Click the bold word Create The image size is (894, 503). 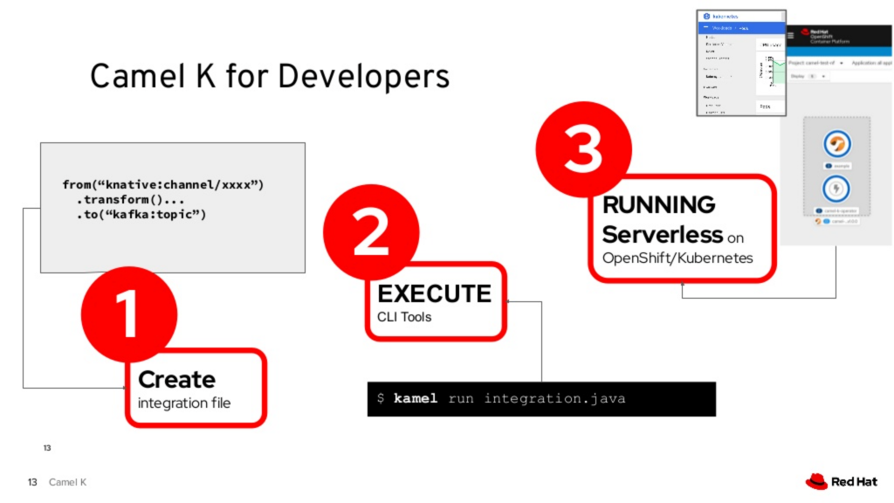point(176,380)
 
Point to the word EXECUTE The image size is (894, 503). point(434,293)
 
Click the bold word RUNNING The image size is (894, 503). point(658,205)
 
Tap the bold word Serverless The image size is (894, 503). point(663,234)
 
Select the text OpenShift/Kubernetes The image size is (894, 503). point(677,258)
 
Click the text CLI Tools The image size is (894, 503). point(404,317)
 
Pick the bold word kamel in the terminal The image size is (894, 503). point(416,399)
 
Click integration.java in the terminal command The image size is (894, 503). point(554,399)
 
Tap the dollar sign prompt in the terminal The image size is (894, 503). point(381,399)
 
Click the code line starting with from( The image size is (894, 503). point(162,185)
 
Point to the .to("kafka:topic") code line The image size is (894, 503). point(141,215)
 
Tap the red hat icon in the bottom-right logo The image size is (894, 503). point(815,481)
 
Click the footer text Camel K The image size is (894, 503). point(67,483)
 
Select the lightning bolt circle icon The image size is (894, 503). point(836,188)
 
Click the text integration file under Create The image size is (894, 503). point(184,403)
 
